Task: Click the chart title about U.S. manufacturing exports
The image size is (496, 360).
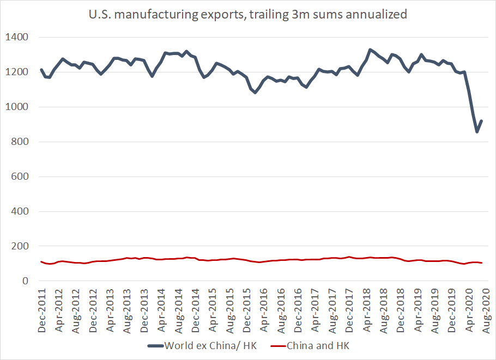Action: pos(248,15)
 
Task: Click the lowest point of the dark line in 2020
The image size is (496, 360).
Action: pos(477,131)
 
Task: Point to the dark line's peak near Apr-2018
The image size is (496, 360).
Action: pos(370,50)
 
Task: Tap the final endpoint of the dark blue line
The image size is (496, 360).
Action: pos(482,121)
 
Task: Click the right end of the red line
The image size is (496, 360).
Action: pos(482,263)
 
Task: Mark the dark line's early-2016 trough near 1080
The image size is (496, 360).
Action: pos(255,93)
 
